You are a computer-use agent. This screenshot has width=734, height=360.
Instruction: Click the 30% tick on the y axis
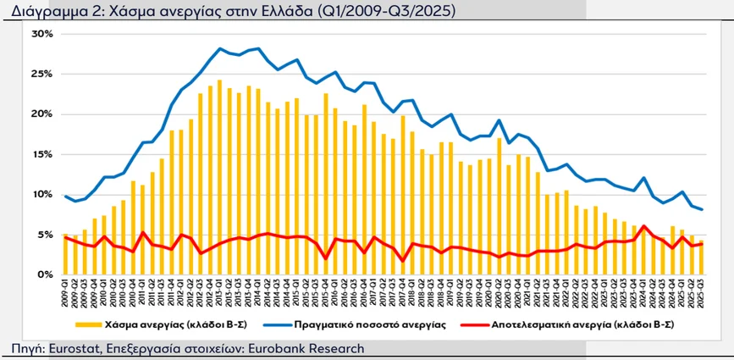[41, 34]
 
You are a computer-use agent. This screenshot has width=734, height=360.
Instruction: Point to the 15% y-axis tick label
[41, 154]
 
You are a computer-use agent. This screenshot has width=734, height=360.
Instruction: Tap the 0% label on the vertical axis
[45, 274]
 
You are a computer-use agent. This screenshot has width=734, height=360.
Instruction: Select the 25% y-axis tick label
[41, 74]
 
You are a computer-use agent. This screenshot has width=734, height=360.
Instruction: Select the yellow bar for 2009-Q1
[66, 254]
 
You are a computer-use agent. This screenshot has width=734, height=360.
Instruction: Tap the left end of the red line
[66, 237]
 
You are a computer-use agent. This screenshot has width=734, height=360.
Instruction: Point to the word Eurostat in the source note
[71, 348]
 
